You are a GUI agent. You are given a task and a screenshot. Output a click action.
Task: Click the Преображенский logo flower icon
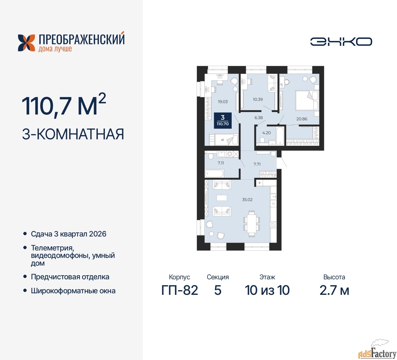point(26,43)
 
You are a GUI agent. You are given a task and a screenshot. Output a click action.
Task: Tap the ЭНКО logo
point(341,42)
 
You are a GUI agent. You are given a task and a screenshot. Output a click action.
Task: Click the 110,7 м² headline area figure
point(64,106)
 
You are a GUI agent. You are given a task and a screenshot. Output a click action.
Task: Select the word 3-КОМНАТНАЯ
point(73,134)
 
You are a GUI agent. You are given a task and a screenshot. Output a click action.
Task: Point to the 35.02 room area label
point(247,200)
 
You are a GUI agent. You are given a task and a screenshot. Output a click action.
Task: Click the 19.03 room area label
point(223,101)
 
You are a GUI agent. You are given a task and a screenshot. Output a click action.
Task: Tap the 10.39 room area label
point(258,99)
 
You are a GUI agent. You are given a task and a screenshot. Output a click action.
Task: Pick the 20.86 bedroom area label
point(302,119)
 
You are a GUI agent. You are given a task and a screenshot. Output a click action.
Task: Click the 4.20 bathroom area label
point(266,133)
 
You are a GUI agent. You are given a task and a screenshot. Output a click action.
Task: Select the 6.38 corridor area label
point(259,118)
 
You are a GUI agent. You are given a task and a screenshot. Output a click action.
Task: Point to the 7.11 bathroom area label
point(221,163)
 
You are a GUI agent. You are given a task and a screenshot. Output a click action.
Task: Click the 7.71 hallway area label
point(257,164)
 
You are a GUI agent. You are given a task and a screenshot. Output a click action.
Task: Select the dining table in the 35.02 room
point(252,223)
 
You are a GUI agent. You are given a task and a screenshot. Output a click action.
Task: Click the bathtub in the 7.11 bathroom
point(214,173)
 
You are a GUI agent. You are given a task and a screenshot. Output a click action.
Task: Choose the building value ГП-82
point(180,290)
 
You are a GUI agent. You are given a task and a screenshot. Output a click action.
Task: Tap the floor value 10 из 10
point(267,290)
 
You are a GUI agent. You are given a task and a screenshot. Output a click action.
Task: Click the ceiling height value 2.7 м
point(334,290)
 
